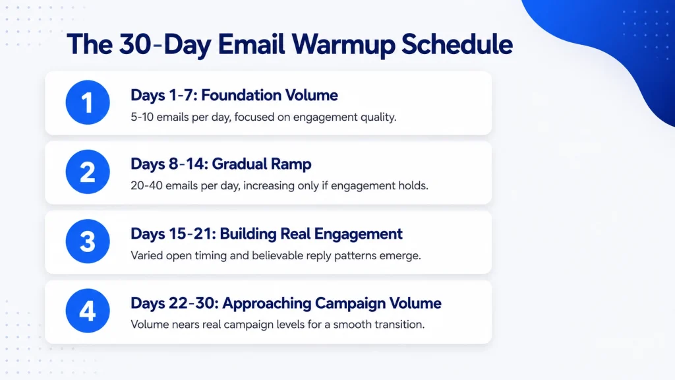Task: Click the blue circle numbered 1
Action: (88, 102)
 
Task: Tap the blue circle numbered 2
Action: (88, 172)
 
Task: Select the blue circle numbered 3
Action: (88, 241)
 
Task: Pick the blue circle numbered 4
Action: (88, 311)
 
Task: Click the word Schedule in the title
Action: (457, 44)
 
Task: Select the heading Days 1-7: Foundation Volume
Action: (234, 95)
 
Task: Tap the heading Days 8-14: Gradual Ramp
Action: (221, 164)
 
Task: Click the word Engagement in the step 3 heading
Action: (358, 234)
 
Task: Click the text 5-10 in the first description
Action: (142, 117)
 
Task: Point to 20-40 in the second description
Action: (146, 185)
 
